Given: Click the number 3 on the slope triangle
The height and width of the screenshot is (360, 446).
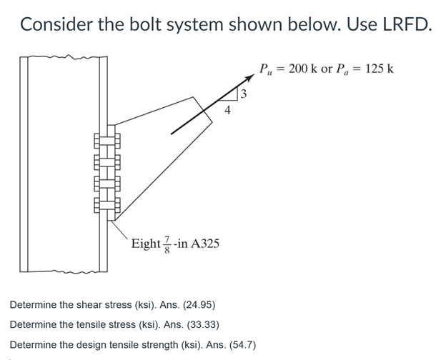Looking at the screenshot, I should click(x=244, y=93).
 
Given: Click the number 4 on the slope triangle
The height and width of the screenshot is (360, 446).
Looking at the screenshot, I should click(x=227, y=110).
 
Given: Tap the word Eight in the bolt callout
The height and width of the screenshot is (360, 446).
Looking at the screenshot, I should click(x=146, y=244).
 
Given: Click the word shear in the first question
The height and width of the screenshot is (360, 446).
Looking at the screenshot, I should click(x=89, y=306).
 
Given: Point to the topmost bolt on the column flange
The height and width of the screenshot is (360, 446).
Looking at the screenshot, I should click(x=104, y=141).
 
